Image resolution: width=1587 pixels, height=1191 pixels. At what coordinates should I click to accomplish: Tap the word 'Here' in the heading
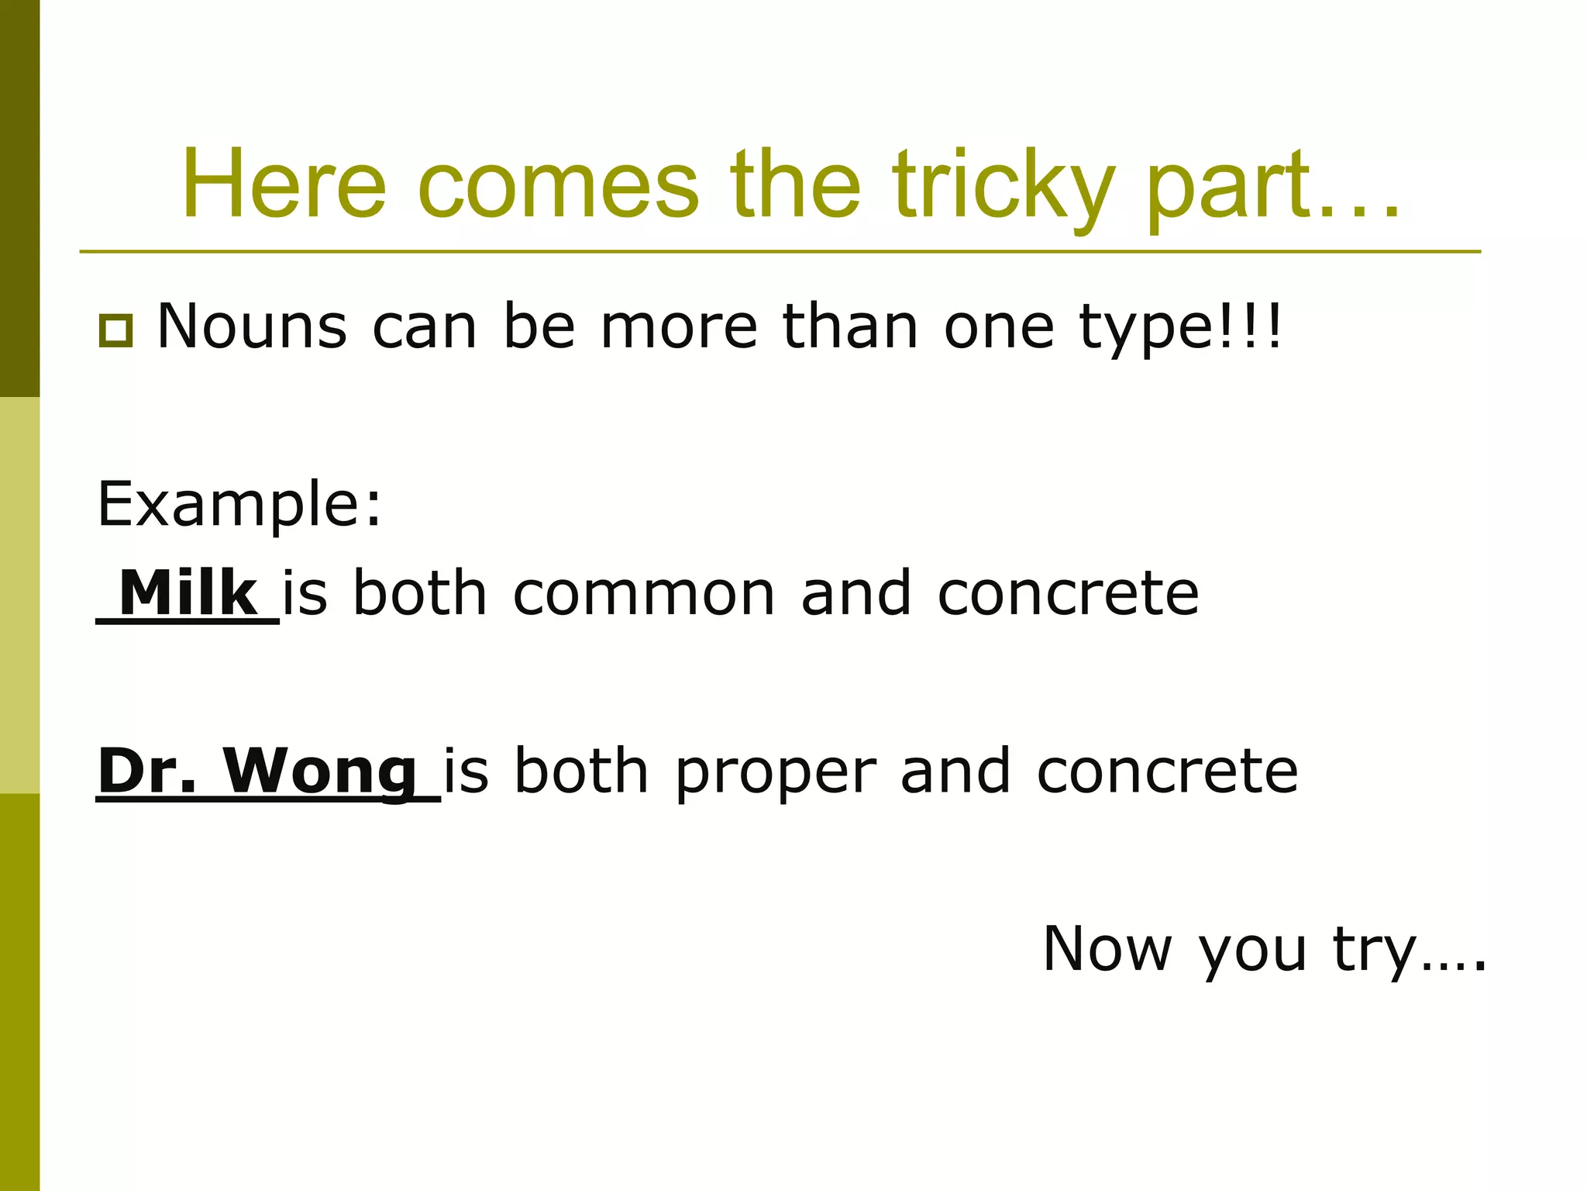point(284,186)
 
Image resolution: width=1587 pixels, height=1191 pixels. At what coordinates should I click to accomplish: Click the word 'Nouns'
point(252,326)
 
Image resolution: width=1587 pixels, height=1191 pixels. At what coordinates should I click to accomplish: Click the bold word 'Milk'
point(188,593)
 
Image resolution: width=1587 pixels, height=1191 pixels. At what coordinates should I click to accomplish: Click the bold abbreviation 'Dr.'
point(147,771)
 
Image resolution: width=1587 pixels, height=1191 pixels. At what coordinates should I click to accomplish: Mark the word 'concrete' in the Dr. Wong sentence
point(1167,772)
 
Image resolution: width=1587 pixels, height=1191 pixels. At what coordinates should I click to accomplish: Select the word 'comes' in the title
point(558,186)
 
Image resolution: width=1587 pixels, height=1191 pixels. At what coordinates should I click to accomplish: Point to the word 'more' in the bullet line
point(679,327)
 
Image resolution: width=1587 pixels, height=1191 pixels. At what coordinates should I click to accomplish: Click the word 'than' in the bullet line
point(850,327)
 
